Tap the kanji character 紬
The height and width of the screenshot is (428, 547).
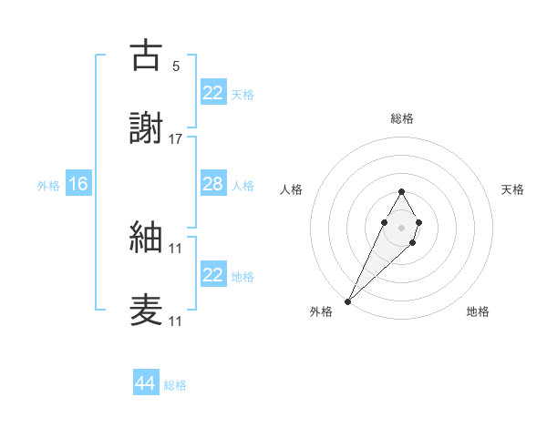[147, 237]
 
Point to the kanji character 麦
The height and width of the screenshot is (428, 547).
[147, 310]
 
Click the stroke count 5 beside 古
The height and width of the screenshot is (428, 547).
[176, 66]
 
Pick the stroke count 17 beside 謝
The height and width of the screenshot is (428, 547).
[176, 138]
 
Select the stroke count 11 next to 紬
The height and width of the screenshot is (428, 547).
[176, 248]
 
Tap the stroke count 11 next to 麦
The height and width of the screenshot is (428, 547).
[176, 321]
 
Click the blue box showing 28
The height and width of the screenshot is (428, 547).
[212, 184]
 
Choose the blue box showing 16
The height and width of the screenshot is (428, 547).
[78, 184]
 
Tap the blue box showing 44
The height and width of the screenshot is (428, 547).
[146, 383]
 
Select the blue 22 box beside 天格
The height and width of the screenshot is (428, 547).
[212, 93]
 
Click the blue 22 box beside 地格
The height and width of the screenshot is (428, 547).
[212, 275]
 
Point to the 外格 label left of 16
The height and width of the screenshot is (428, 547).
[48, 185]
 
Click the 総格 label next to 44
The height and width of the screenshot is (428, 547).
[175, 385]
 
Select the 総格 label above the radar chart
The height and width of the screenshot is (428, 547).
[402, 118]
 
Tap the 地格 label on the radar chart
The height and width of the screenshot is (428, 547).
[478, 311]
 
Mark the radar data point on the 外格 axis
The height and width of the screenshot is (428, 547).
[348, 301]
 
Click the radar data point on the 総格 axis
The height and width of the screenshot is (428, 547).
[401, 191]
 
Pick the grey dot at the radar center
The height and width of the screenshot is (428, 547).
[401, 226]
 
